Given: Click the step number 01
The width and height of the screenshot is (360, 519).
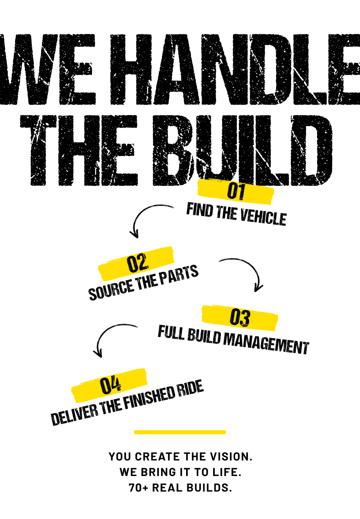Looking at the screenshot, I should click(x=236, y=192).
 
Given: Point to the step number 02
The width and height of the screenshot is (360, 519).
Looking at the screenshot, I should click(x=137, y=263).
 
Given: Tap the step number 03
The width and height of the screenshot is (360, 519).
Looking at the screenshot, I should click(x=240, y=318).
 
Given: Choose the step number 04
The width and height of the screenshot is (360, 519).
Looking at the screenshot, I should click(x=110, y=385).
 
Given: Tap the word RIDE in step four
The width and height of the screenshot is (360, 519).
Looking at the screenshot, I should click(x=190, y=389).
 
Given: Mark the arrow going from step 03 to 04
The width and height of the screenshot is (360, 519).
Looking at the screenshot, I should click(x=110, y=336).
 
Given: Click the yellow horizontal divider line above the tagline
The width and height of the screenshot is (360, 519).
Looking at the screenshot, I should click(x=180, y=432).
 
